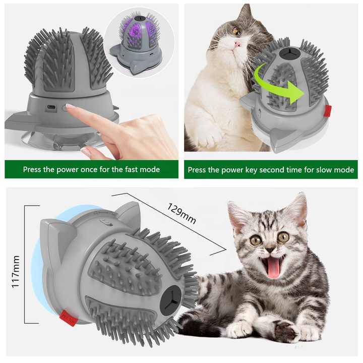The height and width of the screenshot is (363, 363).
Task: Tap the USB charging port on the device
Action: pos(50,107)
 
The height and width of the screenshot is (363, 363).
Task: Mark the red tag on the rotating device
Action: pos(327,110)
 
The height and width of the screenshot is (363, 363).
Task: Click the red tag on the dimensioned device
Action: pos(68,318)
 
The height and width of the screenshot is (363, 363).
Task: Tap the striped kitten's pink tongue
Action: pos(273,267)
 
